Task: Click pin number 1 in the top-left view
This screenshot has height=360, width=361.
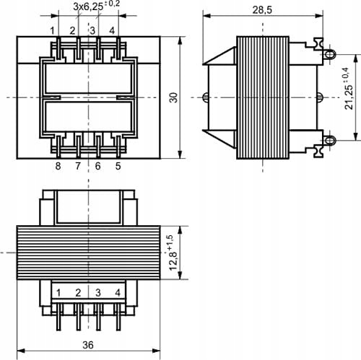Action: tap(53, 30)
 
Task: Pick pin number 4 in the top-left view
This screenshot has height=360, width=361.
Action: tap(112, 30)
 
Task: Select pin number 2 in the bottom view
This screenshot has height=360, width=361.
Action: tap(77, 293)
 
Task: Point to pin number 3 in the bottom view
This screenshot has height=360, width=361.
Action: tap(97, 293)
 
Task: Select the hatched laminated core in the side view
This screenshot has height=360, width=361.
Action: tap(264, 97)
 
